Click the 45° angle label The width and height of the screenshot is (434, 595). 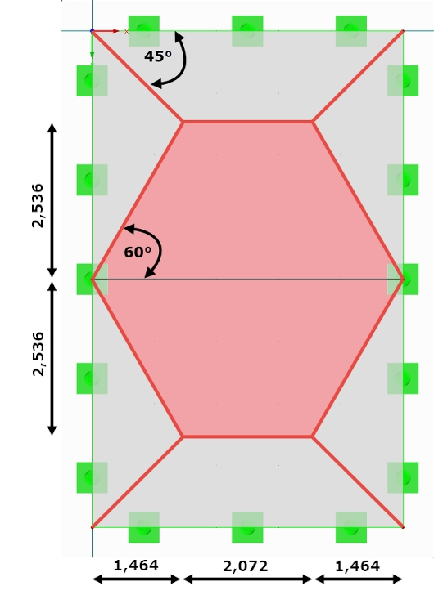click(x=158, y=56)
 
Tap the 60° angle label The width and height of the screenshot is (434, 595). click(x=138, y=252)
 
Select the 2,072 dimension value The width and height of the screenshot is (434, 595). click(x=246, y=566)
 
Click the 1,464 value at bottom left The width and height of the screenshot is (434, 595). click(x=136, y=566)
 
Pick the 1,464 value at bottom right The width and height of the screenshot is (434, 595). click(x=357, y=566)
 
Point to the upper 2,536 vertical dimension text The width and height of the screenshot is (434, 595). click(x=38, y=205)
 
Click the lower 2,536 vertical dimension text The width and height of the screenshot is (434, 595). click(x=38, y=354)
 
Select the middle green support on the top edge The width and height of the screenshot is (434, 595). click(x=247, y=31)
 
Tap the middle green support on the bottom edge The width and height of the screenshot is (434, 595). click(x=247, y=527)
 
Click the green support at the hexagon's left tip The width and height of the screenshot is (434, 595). click(x=93, y=280)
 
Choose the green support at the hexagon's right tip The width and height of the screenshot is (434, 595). click(x=403, y=280)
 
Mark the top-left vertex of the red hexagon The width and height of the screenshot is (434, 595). click(x=183, y=122)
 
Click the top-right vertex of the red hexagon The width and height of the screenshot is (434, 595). click(x=312, y=122)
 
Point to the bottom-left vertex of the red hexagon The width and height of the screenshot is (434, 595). click(x=183, y=437)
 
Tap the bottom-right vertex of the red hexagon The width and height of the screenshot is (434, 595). click(x=312, y=437)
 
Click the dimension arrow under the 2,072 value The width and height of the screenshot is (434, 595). click(x=247, y=579)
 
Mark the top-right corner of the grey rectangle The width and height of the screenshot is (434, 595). click(x=403, y=31)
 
